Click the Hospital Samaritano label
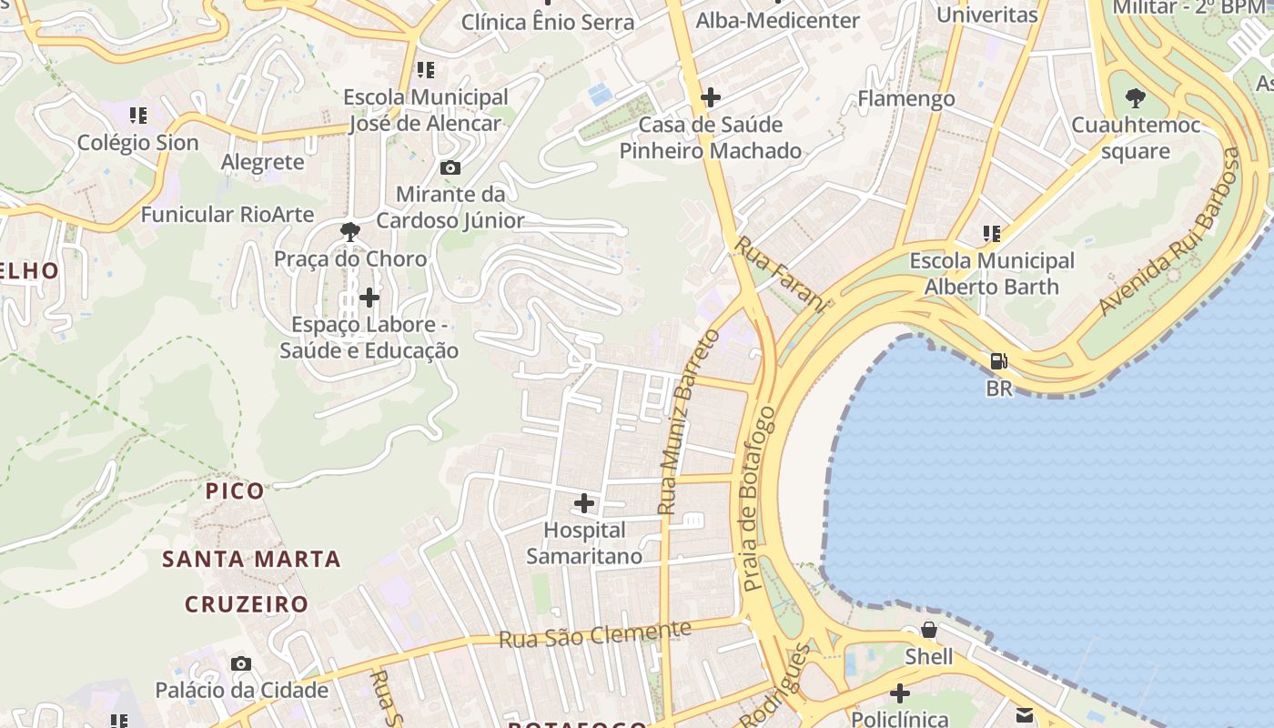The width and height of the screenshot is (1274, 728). pos(584,543)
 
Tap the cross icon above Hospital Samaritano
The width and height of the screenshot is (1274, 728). pos(584,502)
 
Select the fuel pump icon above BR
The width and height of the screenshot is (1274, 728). pos(998,361)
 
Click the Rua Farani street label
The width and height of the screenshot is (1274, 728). pos(781,274)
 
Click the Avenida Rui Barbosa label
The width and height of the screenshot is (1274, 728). pos(1170,231)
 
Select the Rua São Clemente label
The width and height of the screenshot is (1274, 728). pos(595,634)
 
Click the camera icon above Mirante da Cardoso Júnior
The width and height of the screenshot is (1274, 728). pos(450,167)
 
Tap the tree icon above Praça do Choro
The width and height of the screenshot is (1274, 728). pos(349,232)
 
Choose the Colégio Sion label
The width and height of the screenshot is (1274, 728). pos(137,143)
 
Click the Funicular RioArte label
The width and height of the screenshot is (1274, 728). pos(227,215)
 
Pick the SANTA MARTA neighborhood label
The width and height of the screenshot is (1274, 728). pos(251,559)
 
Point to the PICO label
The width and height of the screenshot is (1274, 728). pos(235,491)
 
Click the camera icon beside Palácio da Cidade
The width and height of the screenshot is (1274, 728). pos(240,663)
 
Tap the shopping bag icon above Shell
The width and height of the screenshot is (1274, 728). pos(929,630)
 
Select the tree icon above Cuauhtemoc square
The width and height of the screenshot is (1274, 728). pos(1135,97)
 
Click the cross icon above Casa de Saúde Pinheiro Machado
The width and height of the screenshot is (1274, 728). pos(711,96)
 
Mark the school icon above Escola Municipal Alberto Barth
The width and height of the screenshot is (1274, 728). pos(992,234)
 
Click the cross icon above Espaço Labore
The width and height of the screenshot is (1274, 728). pos(369,298)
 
